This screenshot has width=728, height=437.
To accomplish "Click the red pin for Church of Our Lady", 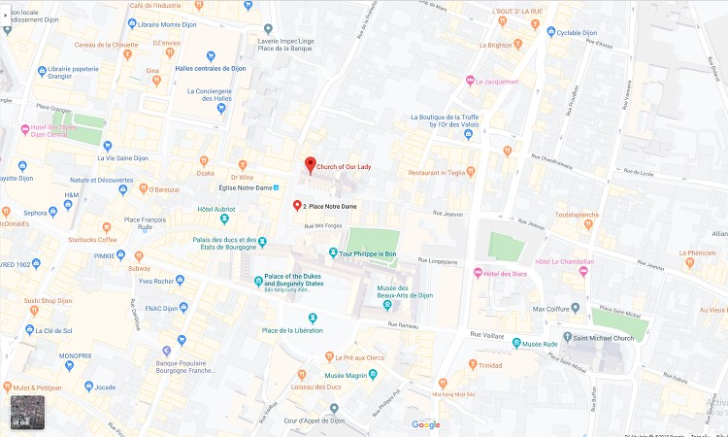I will click(x=311, y=164).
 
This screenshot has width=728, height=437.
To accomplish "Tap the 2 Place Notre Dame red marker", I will click(x=298, y=206).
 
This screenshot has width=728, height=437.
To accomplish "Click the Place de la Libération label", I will click(x=292, y=331).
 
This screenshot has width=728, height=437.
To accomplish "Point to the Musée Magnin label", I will click(x=347, y=375).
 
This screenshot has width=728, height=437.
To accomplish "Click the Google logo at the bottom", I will click(x=425, y=424).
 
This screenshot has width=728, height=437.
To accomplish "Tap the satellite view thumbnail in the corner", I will click(x=26, y=412).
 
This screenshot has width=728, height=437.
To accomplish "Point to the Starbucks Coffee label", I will click(x=91, y=239).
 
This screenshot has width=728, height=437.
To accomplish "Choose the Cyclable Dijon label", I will click(x=577, y=32).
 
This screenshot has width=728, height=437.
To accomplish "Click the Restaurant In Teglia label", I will click(x=441, y=172).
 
